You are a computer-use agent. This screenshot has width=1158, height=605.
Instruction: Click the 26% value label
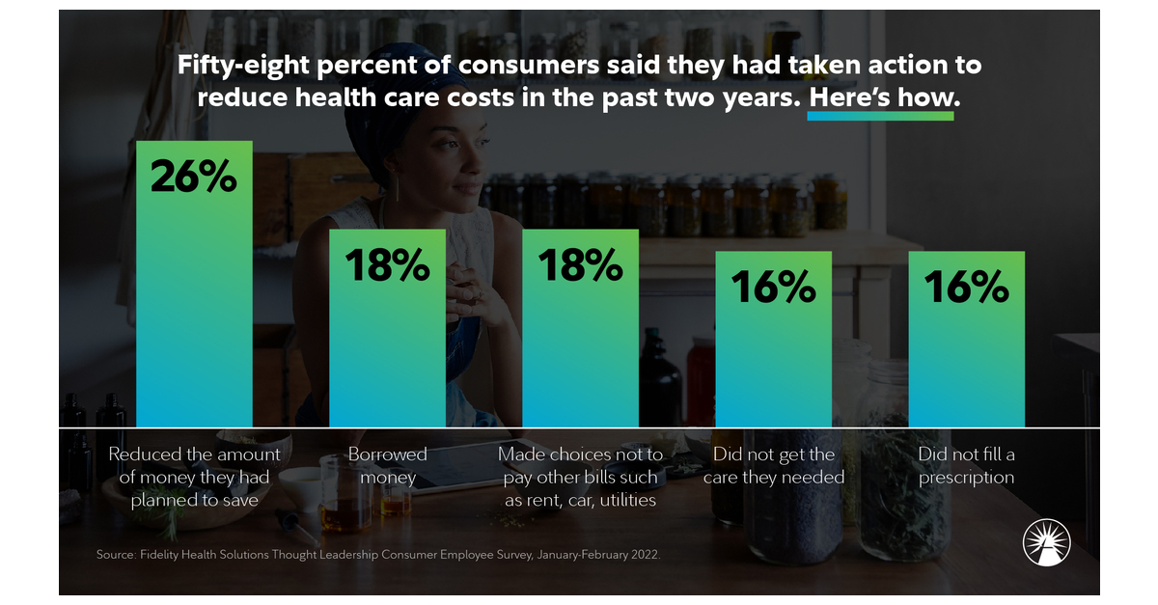click(x=194, y=179)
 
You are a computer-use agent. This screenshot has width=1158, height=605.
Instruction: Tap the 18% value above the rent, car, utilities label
click(x=580, y=264)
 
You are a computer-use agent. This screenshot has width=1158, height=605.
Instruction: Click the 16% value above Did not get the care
click(x=773, y=287)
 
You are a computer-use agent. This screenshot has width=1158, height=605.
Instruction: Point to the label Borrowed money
click(x=387, y=465)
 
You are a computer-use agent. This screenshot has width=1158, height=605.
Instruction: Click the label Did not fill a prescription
click(x=966, y=465)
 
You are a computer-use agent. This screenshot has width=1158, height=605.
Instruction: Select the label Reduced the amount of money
click(x=194, y=477)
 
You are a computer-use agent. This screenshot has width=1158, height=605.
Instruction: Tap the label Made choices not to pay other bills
click(x=580, y=477)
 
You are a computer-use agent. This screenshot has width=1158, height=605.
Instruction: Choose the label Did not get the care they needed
click(x=773, y=465)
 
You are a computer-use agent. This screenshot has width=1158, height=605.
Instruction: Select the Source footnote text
click(x=377, y=555)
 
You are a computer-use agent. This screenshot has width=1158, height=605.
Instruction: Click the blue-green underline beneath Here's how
click(x=880, y=117)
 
